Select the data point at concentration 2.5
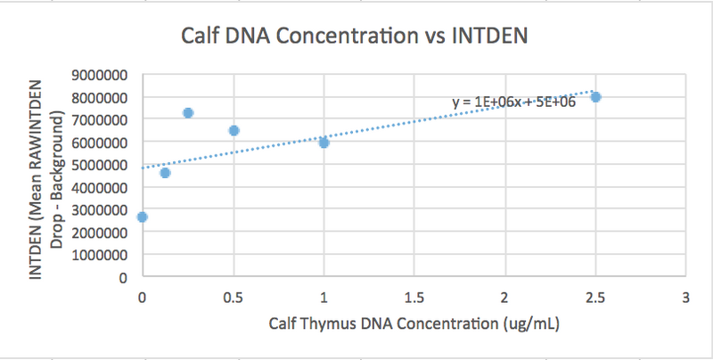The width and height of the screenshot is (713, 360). (x=595, y=97)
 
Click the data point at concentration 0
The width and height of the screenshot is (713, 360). (x=143, y=217)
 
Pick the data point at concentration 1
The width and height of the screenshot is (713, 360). (x=324, y=143)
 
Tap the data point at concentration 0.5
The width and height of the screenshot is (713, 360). (x=234, y=130)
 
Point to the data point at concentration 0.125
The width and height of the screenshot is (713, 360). (x=165, y=172)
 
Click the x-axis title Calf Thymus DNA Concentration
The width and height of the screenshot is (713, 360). (x=414, y=323)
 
